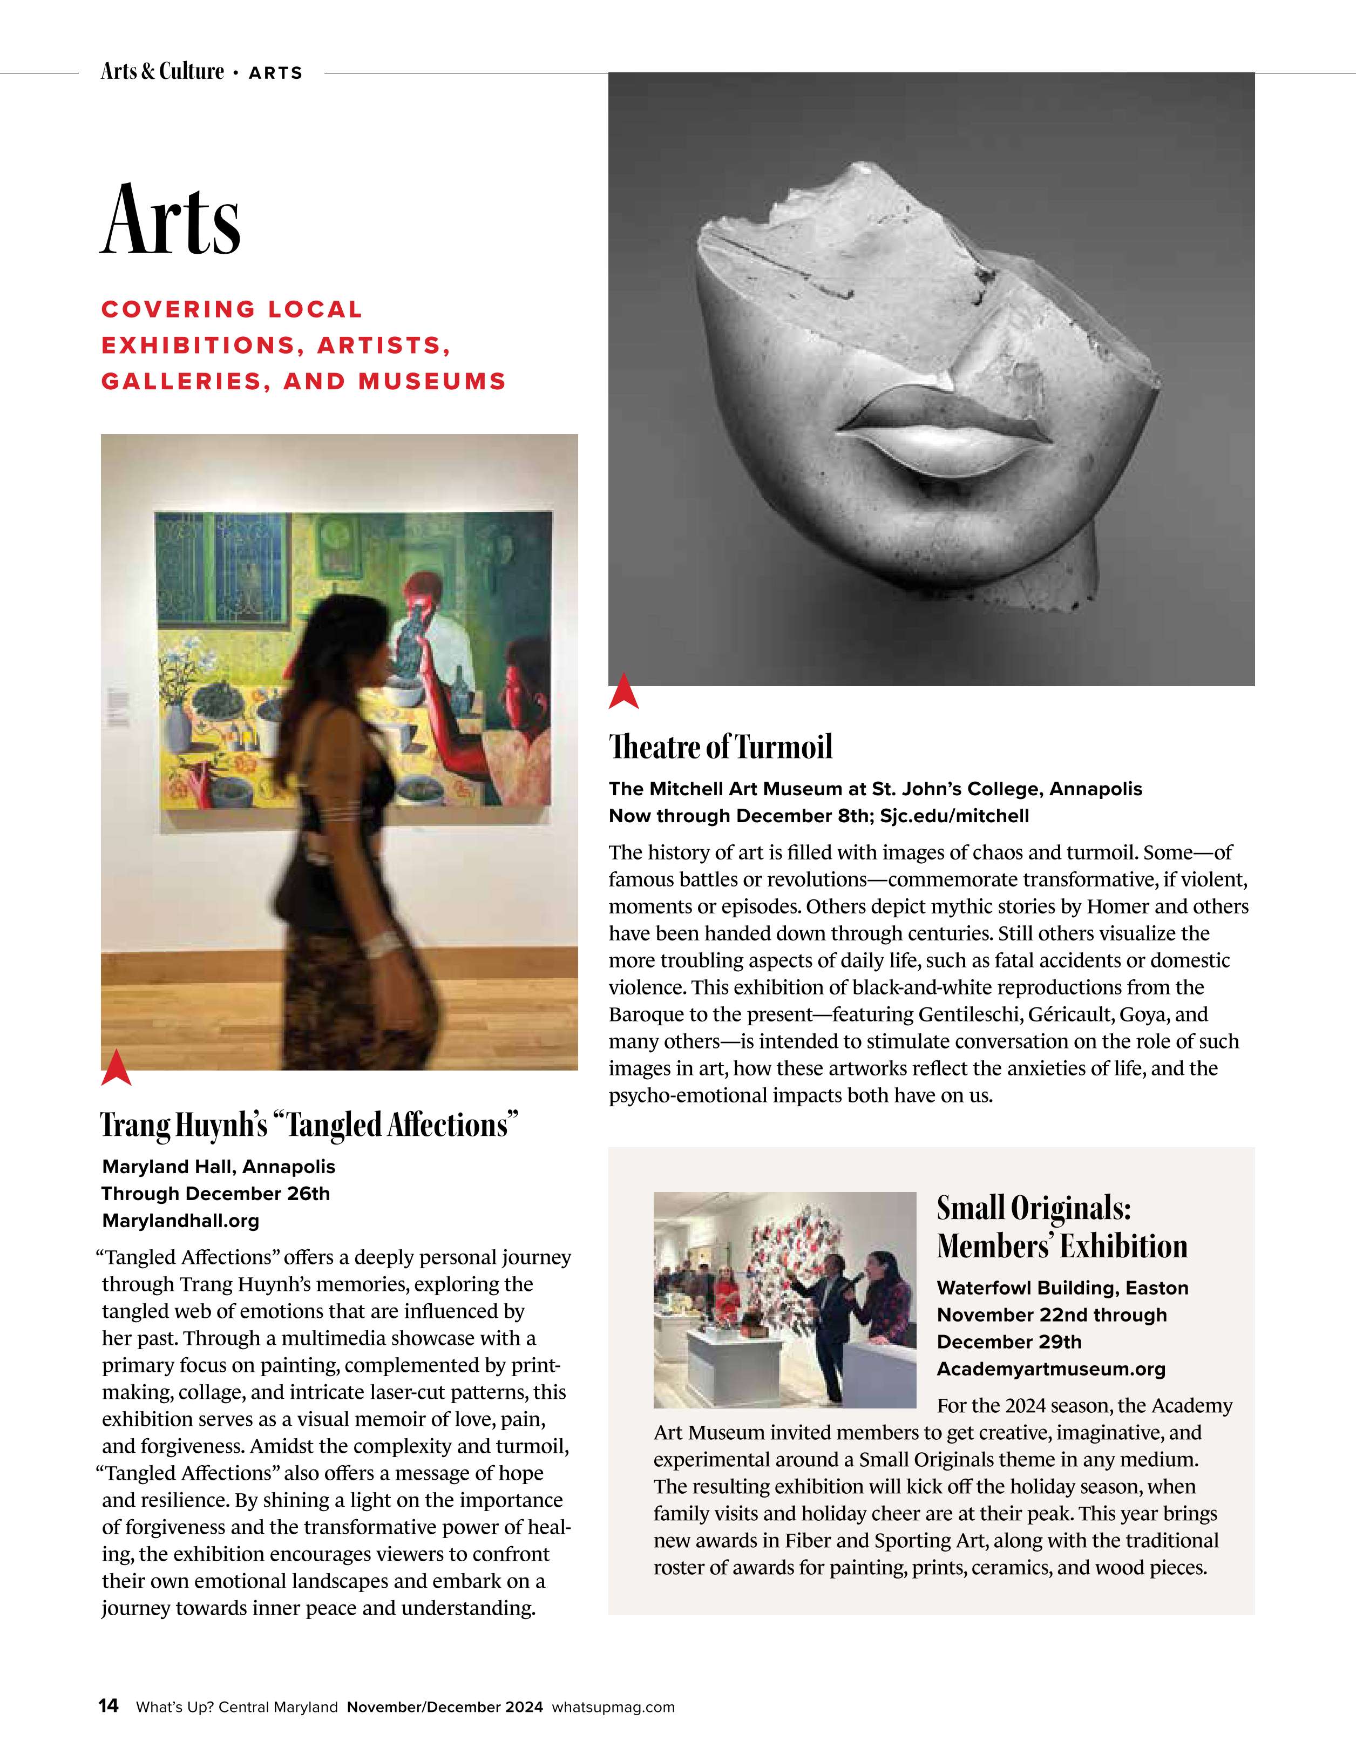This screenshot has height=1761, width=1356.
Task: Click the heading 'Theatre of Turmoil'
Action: [720, 748]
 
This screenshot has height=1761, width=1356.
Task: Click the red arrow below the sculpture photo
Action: [623, 693]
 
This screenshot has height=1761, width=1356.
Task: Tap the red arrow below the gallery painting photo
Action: [116, 1068]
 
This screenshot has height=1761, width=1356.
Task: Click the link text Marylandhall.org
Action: [181, 1221]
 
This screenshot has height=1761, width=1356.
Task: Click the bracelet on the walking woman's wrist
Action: [382, 944]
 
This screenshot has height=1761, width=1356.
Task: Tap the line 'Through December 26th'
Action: [215, 1194]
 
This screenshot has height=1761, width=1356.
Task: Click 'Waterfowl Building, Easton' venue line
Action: [1062, 1288]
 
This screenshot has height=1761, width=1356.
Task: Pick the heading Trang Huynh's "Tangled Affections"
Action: [309, 1126]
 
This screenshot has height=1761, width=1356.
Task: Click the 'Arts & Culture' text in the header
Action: [162, 72]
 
